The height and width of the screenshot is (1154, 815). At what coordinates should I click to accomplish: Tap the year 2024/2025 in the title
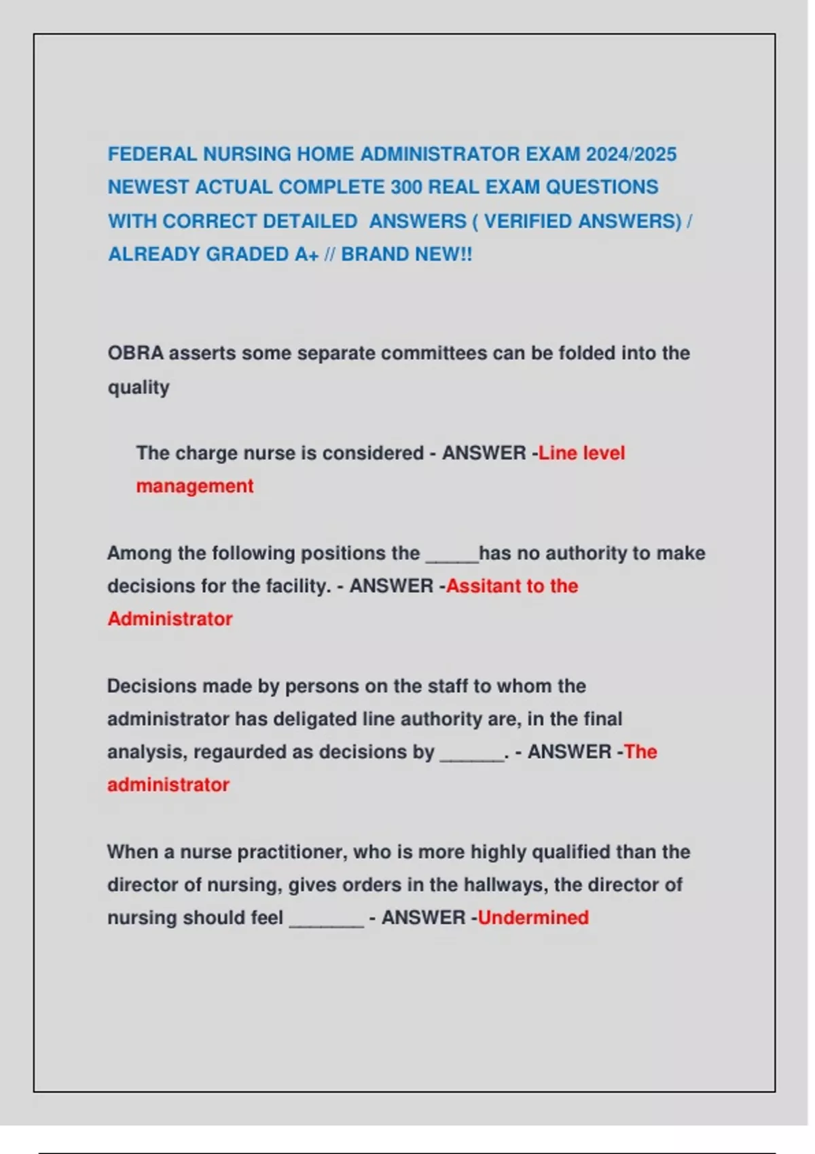(631, 154)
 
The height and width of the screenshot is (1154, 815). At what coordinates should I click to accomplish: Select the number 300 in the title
(406, 187)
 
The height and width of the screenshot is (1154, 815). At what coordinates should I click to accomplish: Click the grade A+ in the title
(306, 255)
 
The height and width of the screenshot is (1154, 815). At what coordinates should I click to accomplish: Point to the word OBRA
(135, 354)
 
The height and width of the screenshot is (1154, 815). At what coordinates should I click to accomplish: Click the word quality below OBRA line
(139, 388)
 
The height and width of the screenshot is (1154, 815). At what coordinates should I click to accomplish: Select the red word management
(194, 486)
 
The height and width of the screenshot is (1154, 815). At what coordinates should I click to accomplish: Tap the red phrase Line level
(581, 453)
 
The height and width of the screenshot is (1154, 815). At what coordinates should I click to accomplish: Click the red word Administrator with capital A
(170, 619)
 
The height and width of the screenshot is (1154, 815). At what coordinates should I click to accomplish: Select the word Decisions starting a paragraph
(145, 686)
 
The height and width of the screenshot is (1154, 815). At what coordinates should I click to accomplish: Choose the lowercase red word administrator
(168, 785)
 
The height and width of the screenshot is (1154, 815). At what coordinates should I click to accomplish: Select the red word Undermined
(533, 918)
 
